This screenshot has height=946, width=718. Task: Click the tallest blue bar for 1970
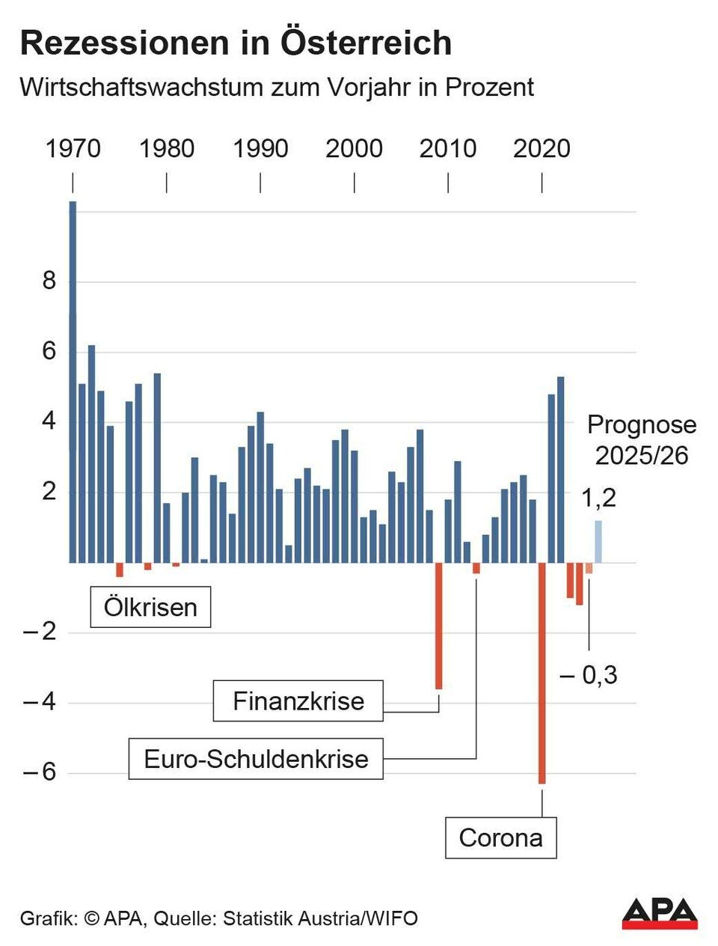[73, 382]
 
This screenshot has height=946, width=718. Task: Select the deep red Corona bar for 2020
[541, 673]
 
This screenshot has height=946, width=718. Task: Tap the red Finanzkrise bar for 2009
[439, 625]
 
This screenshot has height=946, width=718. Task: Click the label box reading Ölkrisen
[150, 606]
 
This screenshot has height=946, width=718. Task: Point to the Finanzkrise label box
[298, 701]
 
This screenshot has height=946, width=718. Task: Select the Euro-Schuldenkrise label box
[256, 758]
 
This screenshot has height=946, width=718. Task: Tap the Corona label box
[500, 837]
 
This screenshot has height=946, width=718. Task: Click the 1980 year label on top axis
[166, 148]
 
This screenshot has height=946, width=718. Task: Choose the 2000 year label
[354, 148]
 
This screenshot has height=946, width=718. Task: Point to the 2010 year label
[447, 148]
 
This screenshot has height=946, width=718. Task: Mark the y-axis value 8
[49, 281]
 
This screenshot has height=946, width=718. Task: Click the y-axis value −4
[40, 702]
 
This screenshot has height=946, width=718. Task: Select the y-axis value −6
[40, 772]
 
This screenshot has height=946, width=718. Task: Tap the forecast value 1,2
[598, 498]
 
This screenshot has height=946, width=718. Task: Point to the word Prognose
[641, 425]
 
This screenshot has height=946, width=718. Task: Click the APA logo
[660, 913]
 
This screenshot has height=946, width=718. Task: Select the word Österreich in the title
[366, 43]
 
